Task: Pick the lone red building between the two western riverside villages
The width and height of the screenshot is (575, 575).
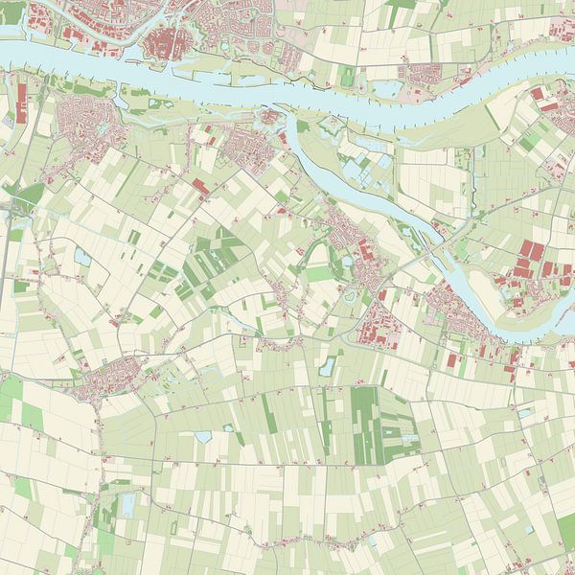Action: coord(200,186)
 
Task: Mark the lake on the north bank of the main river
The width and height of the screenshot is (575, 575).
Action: coord(388,90)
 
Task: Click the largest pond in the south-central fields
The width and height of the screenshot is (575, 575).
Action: coord(203,437)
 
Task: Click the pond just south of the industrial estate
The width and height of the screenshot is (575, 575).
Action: coord(329,365)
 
